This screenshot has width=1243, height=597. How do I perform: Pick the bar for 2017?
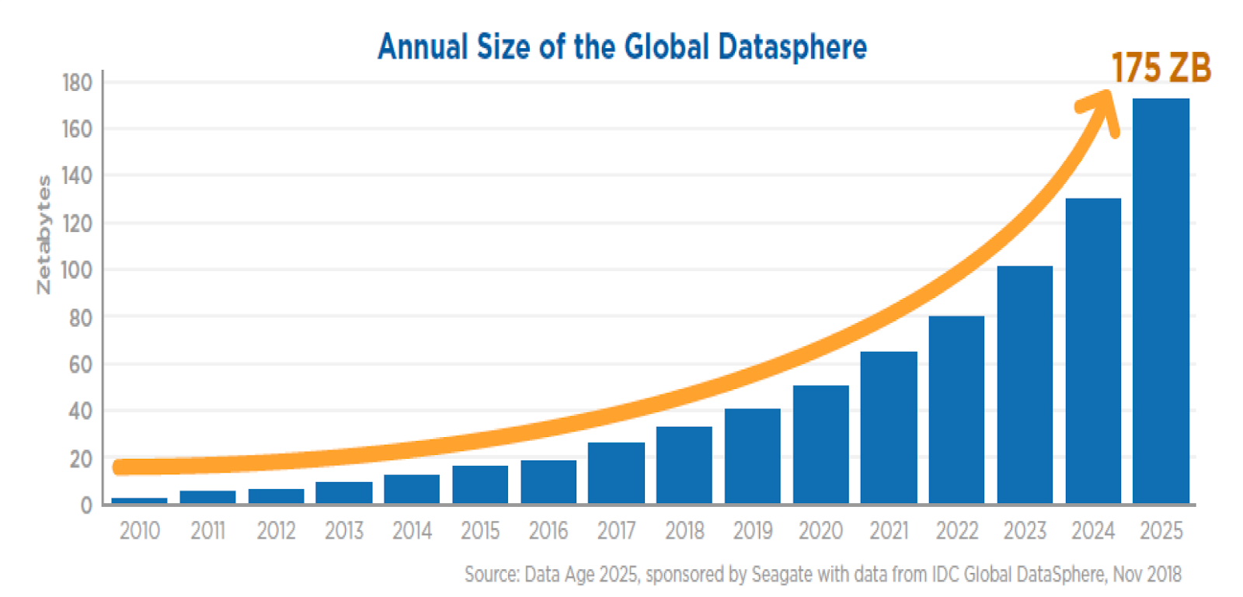616,473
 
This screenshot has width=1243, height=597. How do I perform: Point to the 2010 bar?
139,501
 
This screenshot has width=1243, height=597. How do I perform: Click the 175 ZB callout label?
1161,68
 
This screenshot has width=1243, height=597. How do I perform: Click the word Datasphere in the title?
792,47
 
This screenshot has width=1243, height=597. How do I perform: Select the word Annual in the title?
423,47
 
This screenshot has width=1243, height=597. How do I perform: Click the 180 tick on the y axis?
77,82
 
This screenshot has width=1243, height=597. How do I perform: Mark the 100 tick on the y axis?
77,270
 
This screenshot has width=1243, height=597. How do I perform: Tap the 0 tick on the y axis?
86,505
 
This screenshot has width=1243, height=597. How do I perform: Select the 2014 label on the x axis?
412,531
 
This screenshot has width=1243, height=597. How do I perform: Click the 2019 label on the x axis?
752,531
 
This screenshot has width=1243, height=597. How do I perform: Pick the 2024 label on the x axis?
1092,531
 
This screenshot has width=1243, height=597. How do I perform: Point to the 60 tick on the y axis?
80,364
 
